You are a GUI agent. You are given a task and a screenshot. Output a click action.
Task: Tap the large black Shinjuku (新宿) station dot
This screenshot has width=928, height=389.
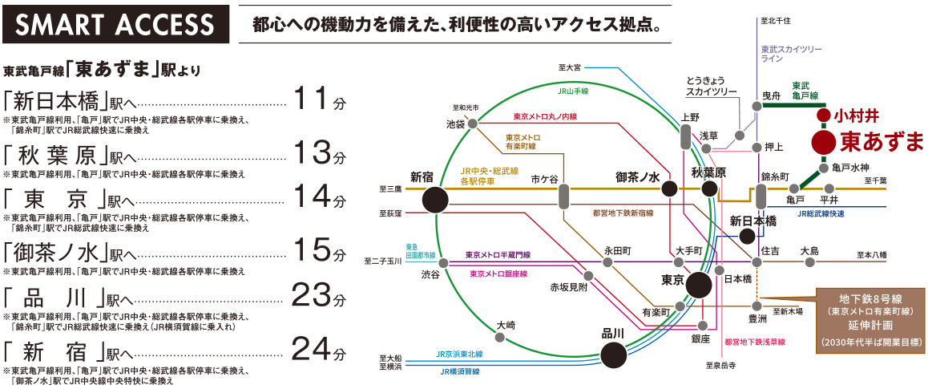tap(436, 200)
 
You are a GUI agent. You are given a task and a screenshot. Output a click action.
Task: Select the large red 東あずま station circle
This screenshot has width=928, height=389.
tap(823, 142)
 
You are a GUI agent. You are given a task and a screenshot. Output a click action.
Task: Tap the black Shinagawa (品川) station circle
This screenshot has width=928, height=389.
tap(613, 355)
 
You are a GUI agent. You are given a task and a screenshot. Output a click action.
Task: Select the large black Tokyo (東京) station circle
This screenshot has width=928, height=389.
tap(699, 285)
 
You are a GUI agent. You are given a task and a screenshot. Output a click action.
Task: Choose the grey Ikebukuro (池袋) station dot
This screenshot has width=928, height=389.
tap(472, 124)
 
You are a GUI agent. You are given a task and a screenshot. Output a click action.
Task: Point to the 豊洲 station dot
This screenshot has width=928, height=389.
tap(757, 306)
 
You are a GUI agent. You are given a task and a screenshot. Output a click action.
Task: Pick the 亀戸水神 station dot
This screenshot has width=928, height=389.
tap(823, 168)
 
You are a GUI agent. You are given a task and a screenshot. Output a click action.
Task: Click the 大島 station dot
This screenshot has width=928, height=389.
tap(809, 261)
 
